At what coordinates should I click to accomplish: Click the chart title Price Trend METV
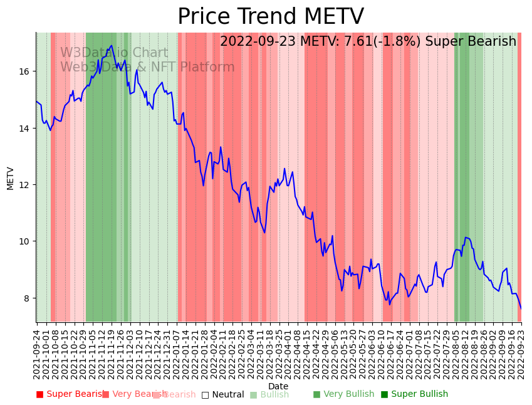tap(270, 17)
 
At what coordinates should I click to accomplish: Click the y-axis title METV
tap(11, 178)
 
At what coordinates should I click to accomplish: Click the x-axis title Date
tap(278, 386)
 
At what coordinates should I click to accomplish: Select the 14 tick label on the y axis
tap(24, 129)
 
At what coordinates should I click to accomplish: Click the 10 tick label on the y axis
tap(24, 241)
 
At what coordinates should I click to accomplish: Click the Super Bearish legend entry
tap(70, 394)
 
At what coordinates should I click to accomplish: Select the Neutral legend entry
tap(222, 394)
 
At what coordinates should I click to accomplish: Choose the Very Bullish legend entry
tap(343, 394)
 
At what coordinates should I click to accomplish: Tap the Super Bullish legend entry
tap(414, 394)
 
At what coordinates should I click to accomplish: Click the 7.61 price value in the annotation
tap(357, 41)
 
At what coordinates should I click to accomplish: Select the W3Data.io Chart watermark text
tap(114, 53)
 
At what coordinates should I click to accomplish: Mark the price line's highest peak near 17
tap(112, 45)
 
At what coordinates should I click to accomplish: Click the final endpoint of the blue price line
tap(521, 308)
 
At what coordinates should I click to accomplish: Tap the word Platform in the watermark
tap(208, 67)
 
